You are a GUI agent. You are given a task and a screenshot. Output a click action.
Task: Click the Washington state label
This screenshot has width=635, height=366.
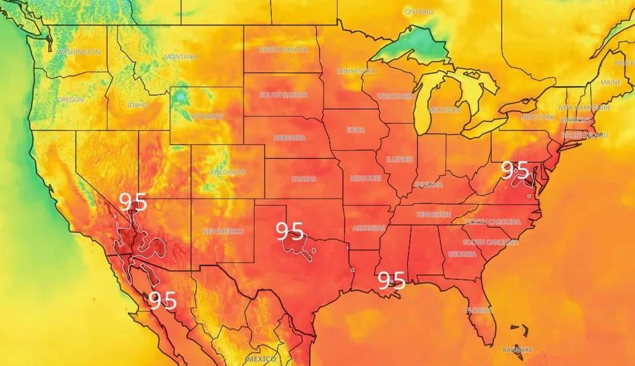(78, 53)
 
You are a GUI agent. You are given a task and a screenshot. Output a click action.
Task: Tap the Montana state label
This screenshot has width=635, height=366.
(180, 57)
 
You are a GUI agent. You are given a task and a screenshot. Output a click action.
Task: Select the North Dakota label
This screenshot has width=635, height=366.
(283, 50)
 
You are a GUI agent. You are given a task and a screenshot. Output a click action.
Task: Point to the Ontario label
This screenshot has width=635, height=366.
(420, 12)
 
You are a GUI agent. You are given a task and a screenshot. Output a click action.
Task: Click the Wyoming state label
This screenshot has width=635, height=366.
(206, 117)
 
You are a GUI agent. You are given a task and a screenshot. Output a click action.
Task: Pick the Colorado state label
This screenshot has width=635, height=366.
(228, 172)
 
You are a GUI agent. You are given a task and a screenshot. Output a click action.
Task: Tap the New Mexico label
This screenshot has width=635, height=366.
(222, 231)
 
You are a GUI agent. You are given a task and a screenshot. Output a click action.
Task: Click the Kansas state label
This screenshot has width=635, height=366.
(303, 179)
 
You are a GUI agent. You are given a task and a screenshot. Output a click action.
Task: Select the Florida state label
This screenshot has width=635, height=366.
(479, 310)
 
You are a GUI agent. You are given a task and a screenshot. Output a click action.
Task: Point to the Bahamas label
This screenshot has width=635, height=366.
(517, 349)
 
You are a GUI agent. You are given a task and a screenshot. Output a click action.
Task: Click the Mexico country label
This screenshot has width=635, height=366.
(262, 359)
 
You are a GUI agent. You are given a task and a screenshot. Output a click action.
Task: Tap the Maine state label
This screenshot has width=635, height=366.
(611, 82)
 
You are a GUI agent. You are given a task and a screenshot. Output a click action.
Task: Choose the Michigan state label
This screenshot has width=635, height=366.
(444, 111)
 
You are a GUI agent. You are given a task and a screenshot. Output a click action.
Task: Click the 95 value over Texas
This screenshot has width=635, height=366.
(290, 231)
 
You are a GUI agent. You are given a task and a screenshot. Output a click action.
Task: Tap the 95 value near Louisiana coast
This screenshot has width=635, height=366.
(391, 280)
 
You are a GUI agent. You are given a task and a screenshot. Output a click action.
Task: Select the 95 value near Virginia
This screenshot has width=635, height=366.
(516, 170)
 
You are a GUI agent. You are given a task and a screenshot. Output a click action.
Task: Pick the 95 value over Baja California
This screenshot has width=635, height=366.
(162, 300)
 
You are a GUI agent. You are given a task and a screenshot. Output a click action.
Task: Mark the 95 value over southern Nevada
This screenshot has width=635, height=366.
(133, 202)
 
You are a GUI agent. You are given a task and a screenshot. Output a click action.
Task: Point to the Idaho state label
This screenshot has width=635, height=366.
(137, 105)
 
